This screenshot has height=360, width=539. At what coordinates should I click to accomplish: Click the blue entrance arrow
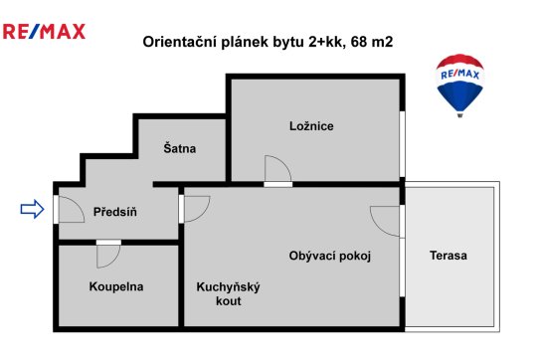(x=32, y=209)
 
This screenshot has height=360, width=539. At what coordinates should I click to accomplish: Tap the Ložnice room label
(x=311, y=126)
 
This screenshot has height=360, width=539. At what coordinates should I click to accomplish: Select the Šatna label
(x=180, y=148)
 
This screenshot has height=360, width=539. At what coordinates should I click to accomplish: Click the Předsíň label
(x=115, y=212)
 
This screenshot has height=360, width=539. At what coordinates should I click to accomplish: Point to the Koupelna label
(x=116, y=286)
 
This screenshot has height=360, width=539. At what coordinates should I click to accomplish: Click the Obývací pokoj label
(x=330, y=256)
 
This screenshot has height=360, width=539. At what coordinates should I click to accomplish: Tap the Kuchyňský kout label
(x=229, y=294)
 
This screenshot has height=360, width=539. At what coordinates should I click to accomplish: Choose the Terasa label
(x=449, y=256)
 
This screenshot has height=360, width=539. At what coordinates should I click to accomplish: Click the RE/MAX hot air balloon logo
(x=459, y=86)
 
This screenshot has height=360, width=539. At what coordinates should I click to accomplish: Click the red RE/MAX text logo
(x=44, y=31)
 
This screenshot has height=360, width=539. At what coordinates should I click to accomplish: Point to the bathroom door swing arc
(x=114, y=261)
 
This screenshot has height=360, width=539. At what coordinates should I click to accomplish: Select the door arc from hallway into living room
(x=204, y=213)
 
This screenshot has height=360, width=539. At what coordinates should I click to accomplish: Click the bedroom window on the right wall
(x=402, y=144)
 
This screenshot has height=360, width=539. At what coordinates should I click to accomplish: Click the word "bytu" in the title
(x=288, y=42)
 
